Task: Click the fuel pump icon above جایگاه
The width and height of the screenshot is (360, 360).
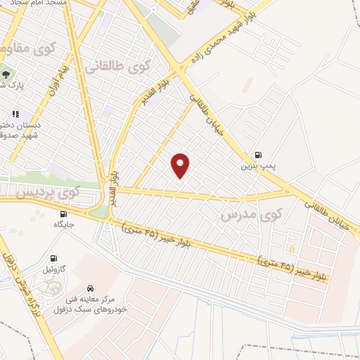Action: pos(64,214)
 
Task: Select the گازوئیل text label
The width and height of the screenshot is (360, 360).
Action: pos(53,269)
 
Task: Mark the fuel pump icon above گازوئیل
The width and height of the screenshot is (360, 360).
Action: pos(53,258)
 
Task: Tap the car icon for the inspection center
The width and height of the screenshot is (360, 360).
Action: pos(91,288)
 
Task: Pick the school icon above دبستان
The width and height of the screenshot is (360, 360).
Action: pos(15,114)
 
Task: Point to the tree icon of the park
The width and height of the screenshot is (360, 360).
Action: pos(6,72)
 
